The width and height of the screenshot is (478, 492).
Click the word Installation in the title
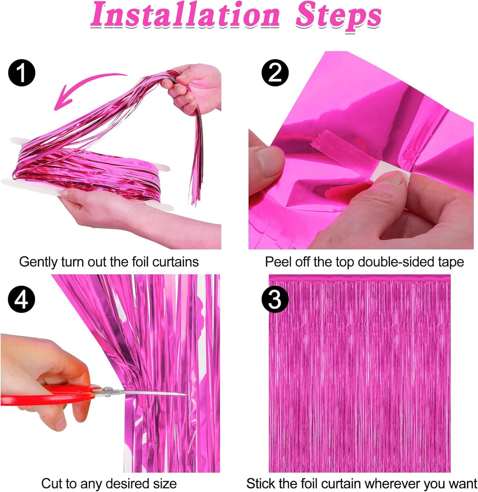click(185, 16)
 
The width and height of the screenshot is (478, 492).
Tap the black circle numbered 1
click(22, 73)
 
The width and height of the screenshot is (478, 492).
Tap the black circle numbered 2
click(275, 73)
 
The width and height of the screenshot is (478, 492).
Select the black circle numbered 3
click(275, 300)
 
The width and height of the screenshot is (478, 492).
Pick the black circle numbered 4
click(22, 300)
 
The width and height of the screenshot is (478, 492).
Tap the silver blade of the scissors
click(149, 393)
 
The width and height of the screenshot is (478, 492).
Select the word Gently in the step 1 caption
click(38, 262)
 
